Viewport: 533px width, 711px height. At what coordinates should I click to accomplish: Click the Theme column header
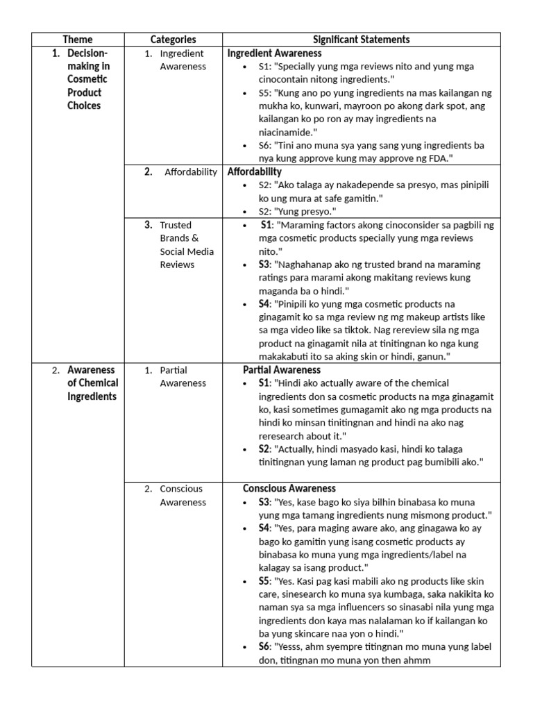point(77,40)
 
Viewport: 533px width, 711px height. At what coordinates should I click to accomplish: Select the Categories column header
point(173,40)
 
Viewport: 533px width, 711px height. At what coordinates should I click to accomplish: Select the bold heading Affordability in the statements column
point(255,172)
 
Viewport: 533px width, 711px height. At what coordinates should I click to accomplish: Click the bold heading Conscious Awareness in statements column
point(289,488)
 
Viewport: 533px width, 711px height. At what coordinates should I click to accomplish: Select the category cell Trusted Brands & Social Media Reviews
point(187,244)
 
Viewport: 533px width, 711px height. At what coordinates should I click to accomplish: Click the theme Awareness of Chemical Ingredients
point(92,383)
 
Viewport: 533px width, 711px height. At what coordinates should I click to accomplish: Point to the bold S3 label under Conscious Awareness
point(264,501)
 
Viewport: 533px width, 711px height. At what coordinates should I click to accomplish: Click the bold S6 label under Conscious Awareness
point(264,646)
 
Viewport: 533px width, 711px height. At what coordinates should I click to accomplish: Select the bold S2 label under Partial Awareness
point(264,449)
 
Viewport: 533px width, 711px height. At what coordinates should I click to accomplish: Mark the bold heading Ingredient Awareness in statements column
point(274,53)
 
